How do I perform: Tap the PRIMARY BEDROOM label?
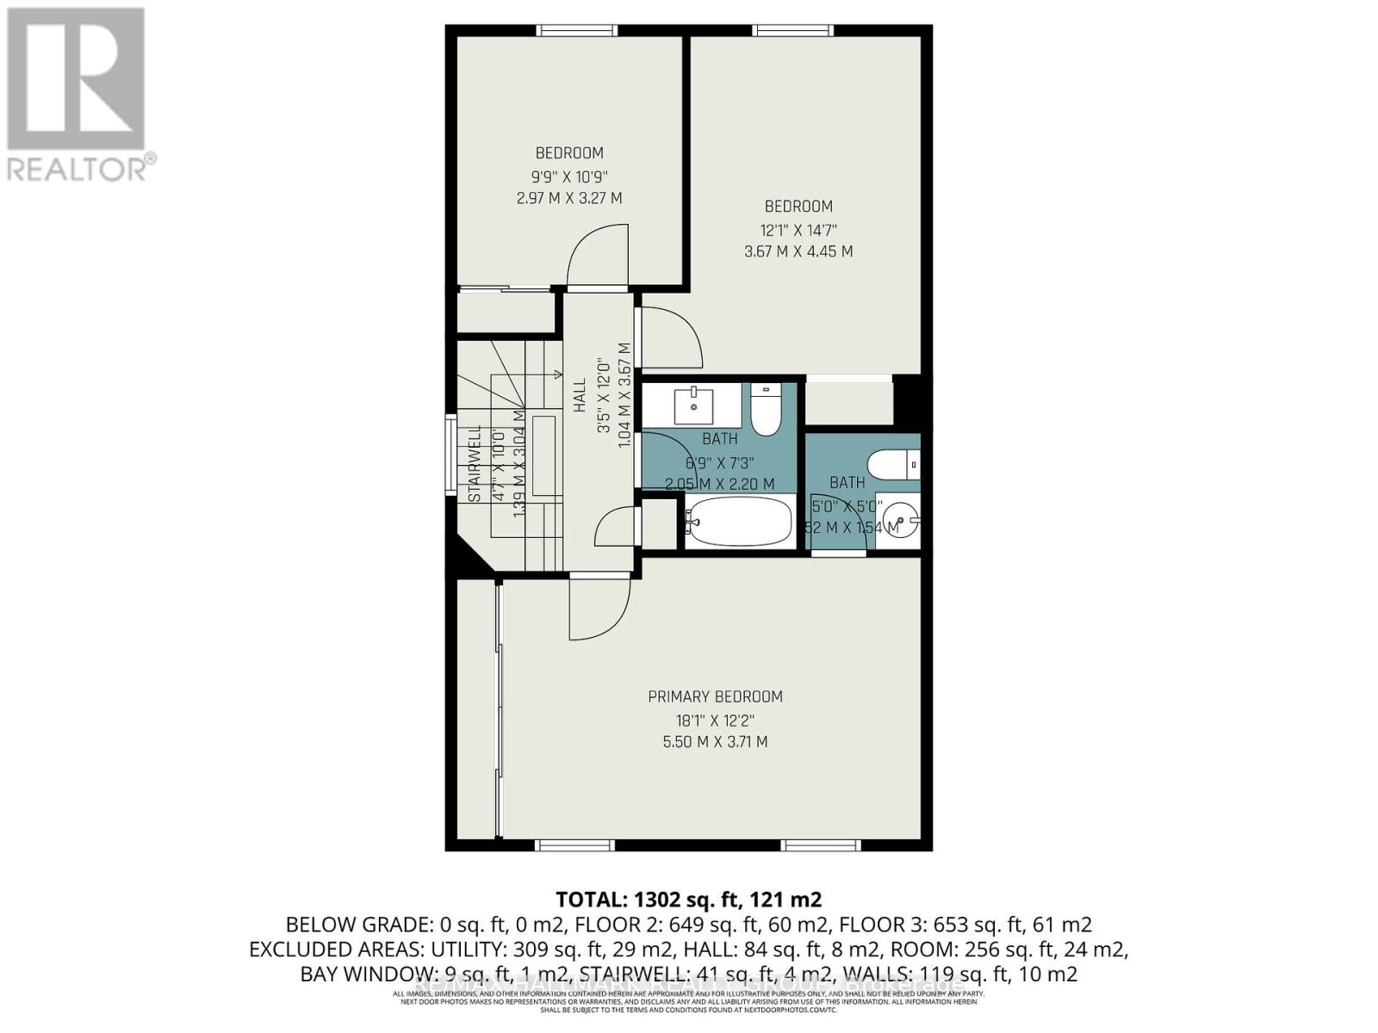click(715, 696)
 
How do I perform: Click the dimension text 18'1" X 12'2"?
click(715, 720)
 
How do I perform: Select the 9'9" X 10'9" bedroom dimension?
click(569, 176)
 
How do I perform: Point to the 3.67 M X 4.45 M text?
click(798, 251)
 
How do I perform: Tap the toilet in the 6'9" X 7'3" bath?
click(765, 411)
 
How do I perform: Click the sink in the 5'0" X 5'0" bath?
click(904, 522)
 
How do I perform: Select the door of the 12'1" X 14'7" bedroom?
click(670, 336)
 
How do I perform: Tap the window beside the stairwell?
click(450, 455)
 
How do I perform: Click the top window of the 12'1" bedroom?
click(792, 31)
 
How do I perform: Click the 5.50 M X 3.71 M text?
click(715, 741)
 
